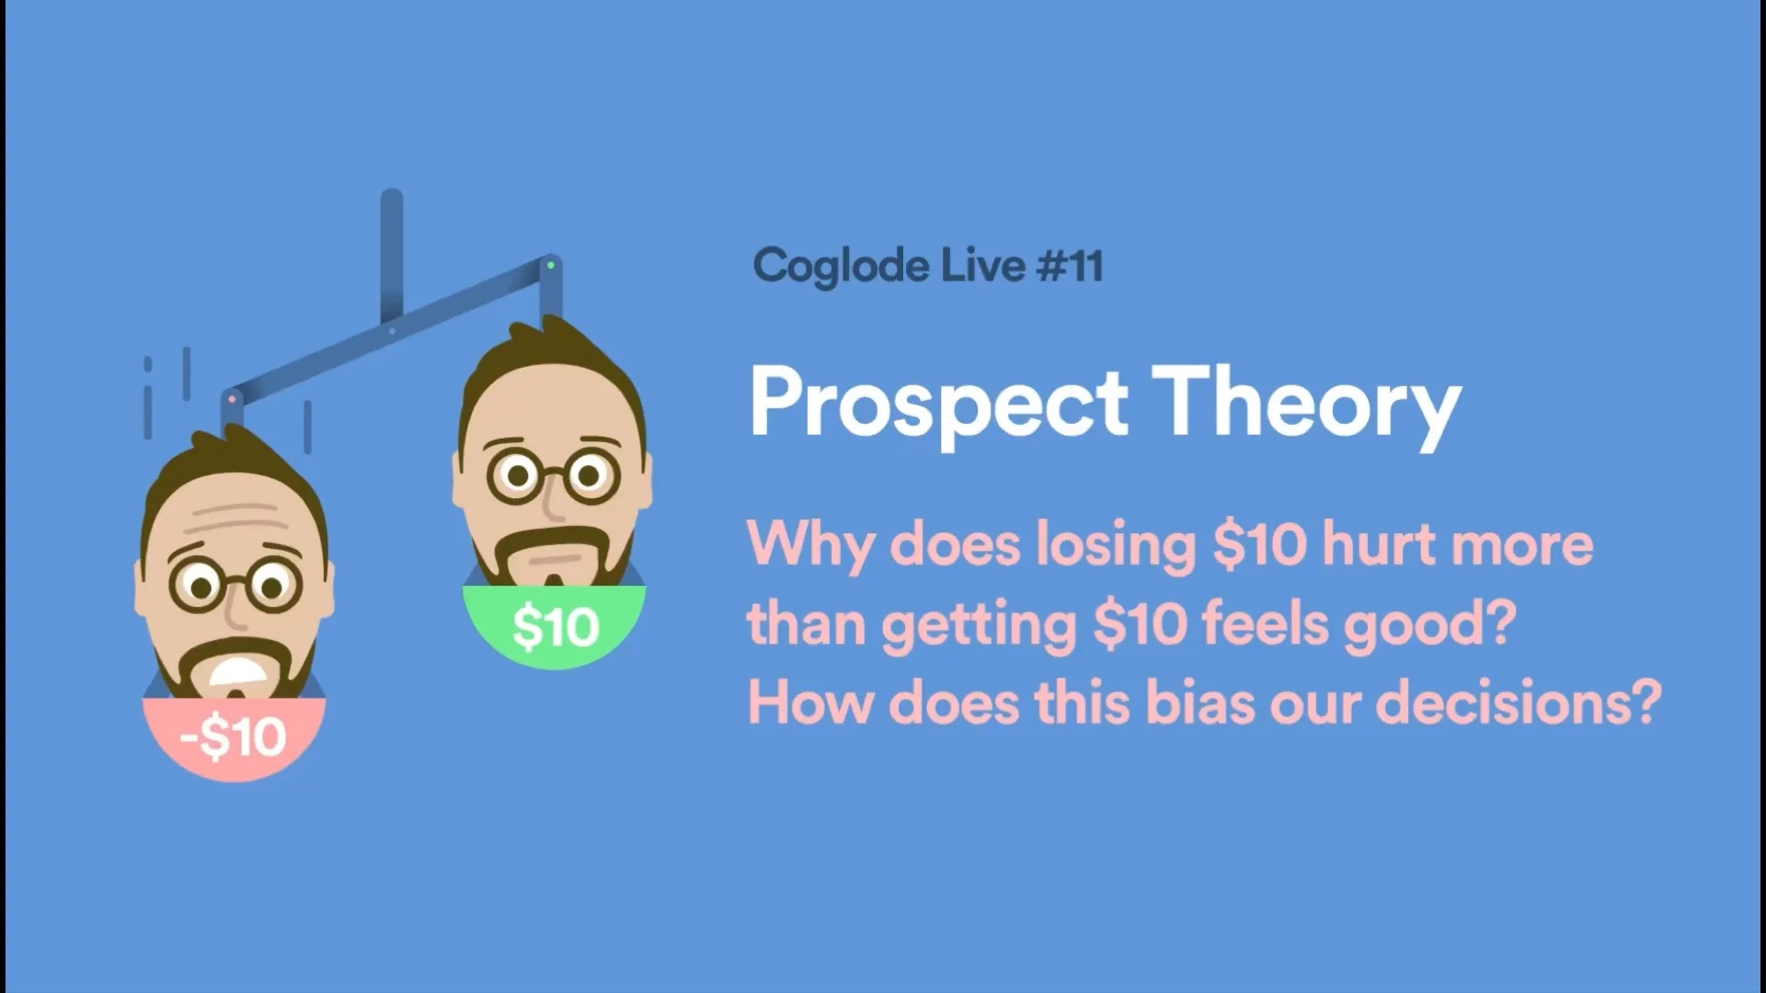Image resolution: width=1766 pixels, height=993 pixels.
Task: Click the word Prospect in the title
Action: (x=939, y=404)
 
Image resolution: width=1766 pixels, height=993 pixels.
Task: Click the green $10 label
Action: (x=556, y=628)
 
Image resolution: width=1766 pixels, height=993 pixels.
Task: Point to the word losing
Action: (x=1116, y=544)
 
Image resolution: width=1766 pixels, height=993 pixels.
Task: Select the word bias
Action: (x=1200, y=702)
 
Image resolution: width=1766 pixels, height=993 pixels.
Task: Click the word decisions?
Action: (x=1519, y=702)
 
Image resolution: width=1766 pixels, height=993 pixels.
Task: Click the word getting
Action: (x=979, y=625)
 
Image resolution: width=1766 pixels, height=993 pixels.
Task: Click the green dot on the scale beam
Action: (x=551, y=266)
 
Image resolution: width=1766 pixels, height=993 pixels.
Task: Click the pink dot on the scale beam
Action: (x=232, y=400)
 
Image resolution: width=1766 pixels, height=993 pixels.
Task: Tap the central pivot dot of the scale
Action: (x=392, y=331)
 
